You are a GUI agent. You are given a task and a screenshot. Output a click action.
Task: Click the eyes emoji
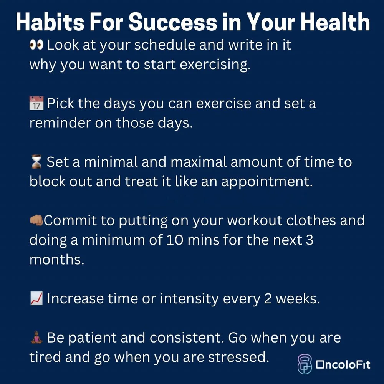click(36, 45)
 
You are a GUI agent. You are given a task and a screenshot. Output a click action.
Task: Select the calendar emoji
click(36, 104)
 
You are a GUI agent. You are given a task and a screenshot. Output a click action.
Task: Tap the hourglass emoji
click(36, 162)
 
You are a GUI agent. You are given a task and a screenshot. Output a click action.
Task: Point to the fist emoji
click(36, 221)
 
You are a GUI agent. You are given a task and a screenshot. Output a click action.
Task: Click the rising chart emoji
click(36, 299)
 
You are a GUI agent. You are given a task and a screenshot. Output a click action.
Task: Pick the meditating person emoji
click(36, 338)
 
